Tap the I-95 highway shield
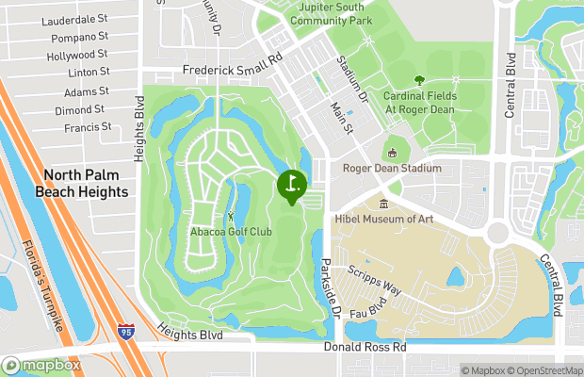[127, 331]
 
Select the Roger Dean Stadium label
[395, 169]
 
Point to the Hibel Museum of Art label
[384, 219]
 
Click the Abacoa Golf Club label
[233, 232]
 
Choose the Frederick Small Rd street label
[232, 70]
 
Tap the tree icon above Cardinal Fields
[419, 81]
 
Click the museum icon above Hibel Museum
[383, 204]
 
